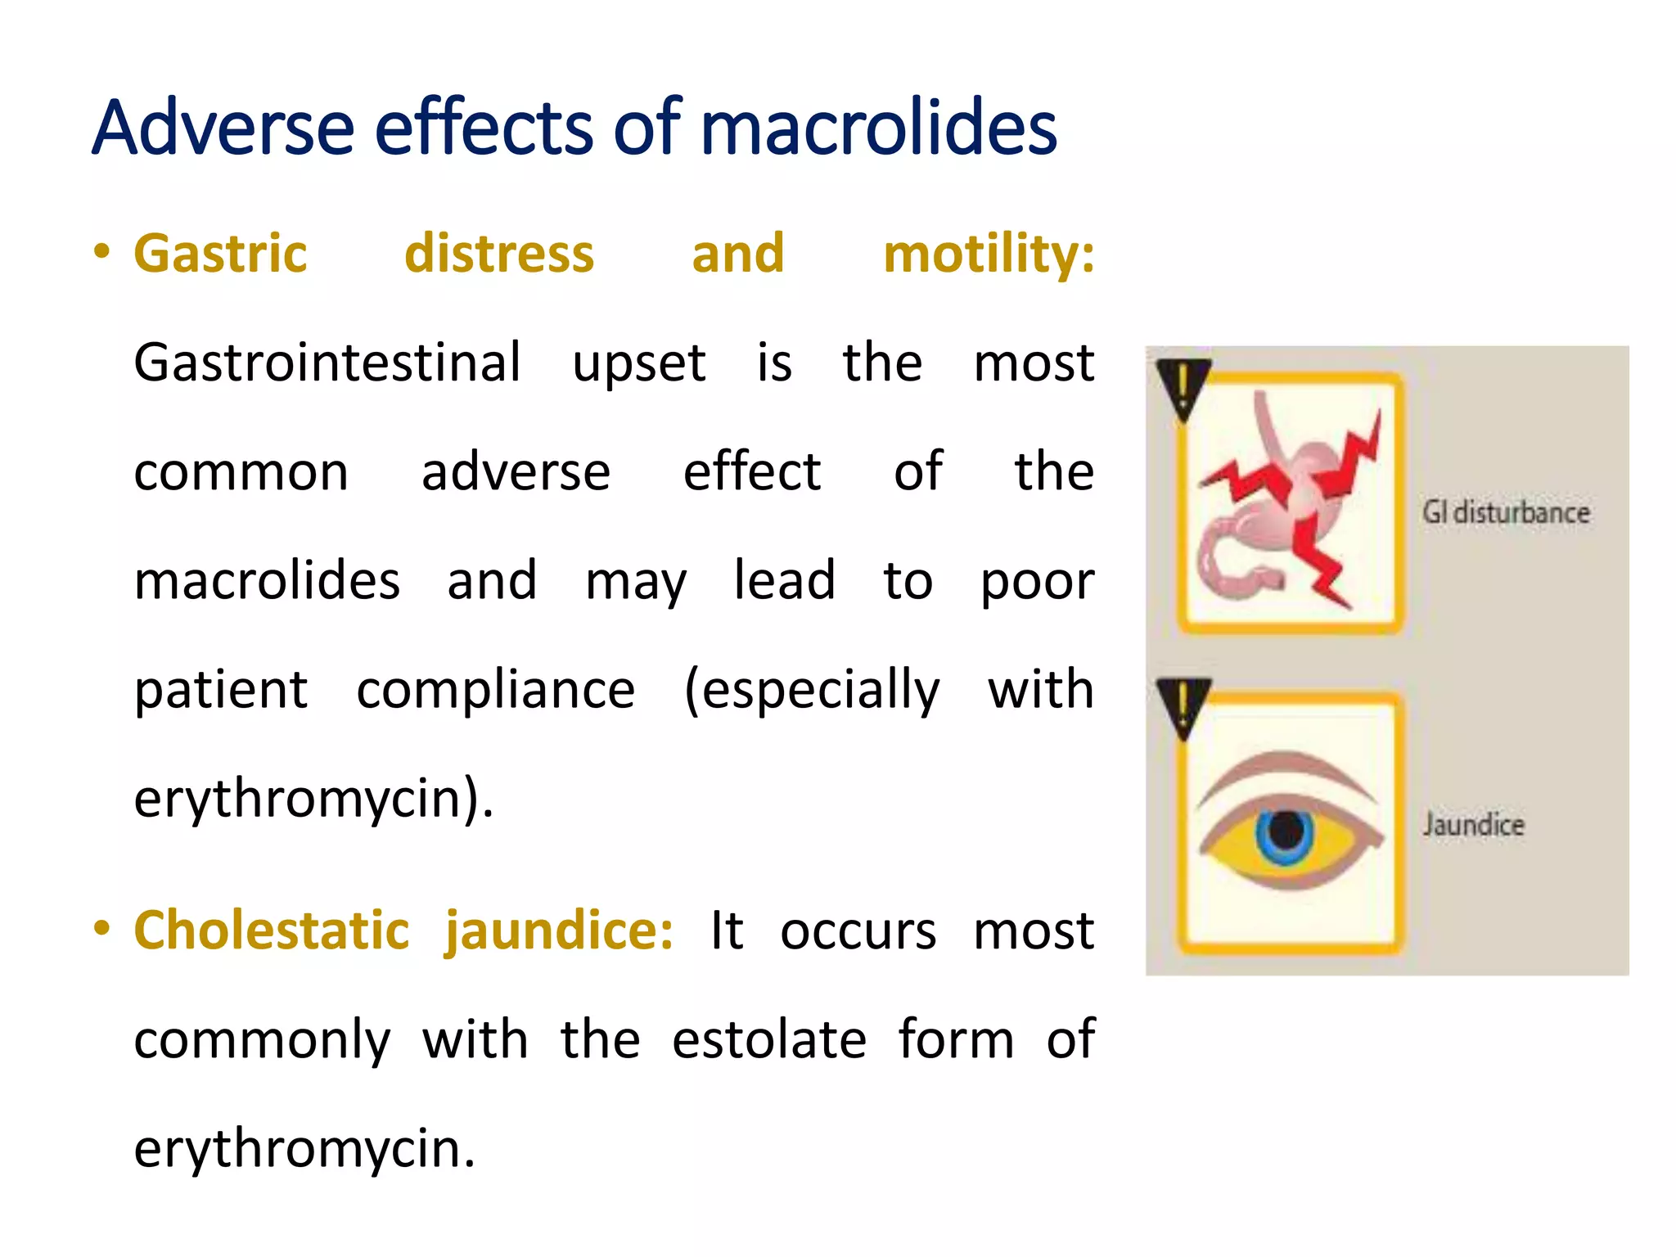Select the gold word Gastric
coord(220,253)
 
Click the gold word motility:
coord(989,253)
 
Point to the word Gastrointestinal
coord(327,362)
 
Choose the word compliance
coord(495,689)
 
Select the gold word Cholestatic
coord(271,930)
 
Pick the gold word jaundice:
coord(559,930)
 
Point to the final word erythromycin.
coord(304,1148)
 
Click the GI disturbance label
coord(1506,513)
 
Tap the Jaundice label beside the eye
coord(1473,825)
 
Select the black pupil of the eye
coord(1286,831)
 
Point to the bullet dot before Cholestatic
coord(101,929)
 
